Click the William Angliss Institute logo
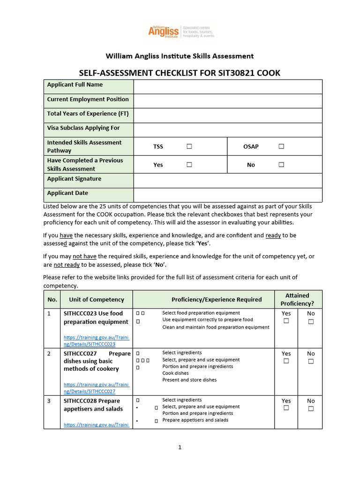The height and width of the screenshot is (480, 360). (x=180, y=32)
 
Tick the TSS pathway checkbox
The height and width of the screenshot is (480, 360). (x=189, y=146)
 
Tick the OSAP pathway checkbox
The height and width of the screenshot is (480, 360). (x=281, y=146)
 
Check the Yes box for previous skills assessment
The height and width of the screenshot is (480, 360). (x=189, y=165)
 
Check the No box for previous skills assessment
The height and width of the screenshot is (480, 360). (x=281, y=165)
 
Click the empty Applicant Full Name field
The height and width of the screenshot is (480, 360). (x=228, y=87)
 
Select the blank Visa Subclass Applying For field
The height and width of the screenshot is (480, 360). (x=228, y=130)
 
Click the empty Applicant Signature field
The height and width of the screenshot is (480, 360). (x=228, y=180)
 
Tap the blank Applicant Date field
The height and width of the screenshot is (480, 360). (x=228, y=195)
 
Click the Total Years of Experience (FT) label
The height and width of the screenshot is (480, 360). (x=88, y=113)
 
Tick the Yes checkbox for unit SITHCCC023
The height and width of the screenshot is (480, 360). (x=286, y=321)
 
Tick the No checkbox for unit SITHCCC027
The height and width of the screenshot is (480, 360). (x=311, y=361)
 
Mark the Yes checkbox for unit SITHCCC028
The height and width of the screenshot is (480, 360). (x=286, y=408)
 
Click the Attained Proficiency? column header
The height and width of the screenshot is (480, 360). (x=297, y=299)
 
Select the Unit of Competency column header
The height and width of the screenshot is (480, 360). (x=97, y=300)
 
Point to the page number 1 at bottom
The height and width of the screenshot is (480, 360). (x=180, y=447)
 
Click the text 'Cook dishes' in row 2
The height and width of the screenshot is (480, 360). (x=175, y=373)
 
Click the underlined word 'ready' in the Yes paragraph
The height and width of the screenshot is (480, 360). (x=273, y=235)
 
